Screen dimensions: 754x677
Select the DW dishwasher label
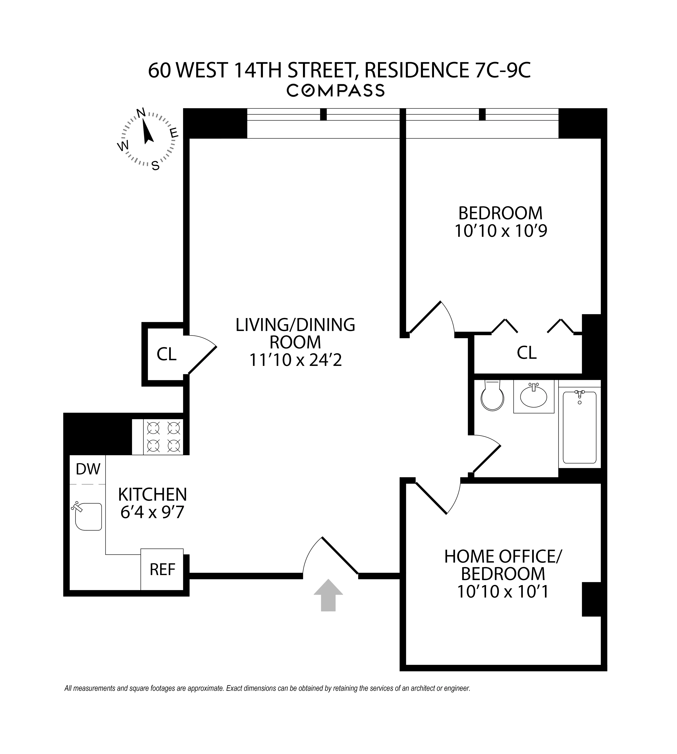[x=88, y=469]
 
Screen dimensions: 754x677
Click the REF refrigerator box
[x=162, y=569]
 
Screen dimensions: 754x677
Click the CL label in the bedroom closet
[x=526, y=353]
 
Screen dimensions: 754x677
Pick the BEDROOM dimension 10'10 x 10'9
[x=501, y=231]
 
